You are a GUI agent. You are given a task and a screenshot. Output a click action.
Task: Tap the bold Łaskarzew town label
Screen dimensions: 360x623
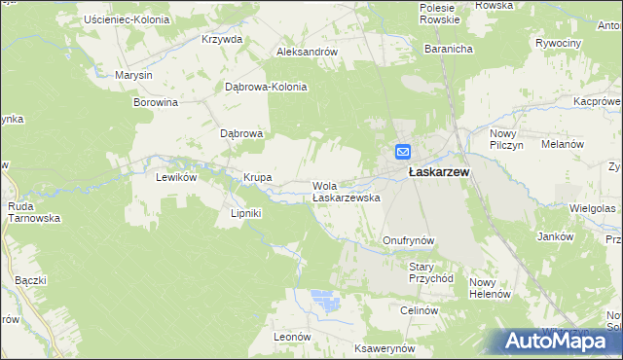(439, 172)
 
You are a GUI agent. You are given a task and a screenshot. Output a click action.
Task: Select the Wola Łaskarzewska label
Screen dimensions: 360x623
(345, 191)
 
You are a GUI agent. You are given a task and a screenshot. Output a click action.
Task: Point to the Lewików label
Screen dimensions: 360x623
(177, 178)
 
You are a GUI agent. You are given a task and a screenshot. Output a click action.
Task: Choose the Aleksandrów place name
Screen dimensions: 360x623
(307, 53)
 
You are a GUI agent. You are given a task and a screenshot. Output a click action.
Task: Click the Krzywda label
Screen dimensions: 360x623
(221, 40)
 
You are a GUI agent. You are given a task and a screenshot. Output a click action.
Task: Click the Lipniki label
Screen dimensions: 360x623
(246, 213)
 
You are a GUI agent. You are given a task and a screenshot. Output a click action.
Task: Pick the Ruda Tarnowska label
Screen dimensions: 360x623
(34, 212)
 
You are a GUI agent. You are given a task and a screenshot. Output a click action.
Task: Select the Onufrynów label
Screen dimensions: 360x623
(407, 239)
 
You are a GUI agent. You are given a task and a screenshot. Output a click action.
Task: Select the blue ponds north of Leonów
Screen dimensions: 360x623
(325, 301)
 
